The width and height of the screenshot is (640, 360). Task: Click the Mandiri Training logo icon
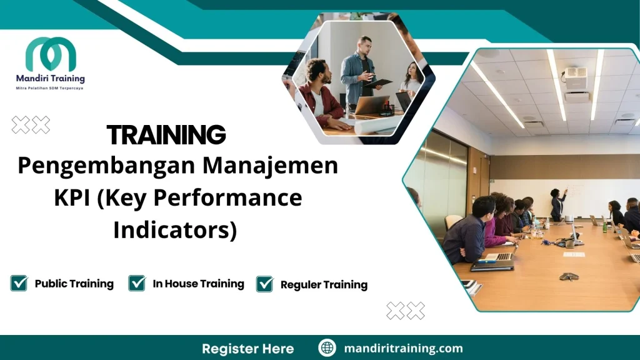50,54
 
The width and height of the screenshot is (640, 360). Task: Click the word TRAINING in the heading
166,135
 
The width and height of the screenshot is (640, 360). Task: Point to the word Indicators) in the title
175,229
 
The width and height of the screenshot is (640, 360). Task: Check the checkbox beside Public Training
19,284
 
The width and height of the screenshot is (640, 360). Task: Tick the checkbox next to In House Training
137,284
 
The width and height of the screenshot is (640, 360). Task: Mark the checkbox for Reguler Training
265,284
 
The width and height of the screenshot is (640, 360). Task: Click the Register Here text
247,348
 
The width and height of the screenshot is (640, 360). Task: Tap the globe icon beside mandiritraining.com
327,348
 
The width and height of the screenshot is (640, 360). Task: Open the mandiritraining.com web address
403,348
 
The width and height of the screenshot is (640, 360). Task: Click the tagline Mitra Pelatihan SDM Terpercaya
50,88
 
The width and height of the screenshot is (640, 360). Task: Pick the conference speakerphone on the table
568,276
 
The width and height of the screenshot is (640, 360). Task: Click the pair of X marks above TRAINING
31,126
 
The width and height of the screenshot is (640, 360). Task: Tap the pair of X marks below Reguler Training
406,311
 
